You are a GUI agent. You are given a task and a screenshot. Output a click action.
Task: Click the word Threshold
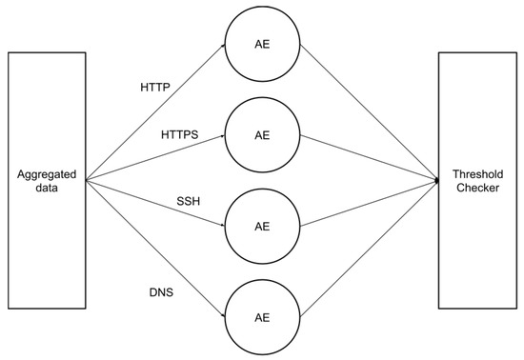pyautogui.click(x=477, y=175)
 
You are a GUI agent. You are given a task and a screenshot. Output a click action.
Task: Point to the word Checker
pyautogui.click(x=477, y=190)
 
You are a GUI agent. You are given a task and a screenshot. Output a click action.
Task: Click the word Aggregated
pyautogui.click(x=46, y=175)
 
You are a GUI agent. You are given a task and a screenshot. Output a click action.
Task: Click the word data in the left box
pyautogui.click(x=46, y=190)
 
